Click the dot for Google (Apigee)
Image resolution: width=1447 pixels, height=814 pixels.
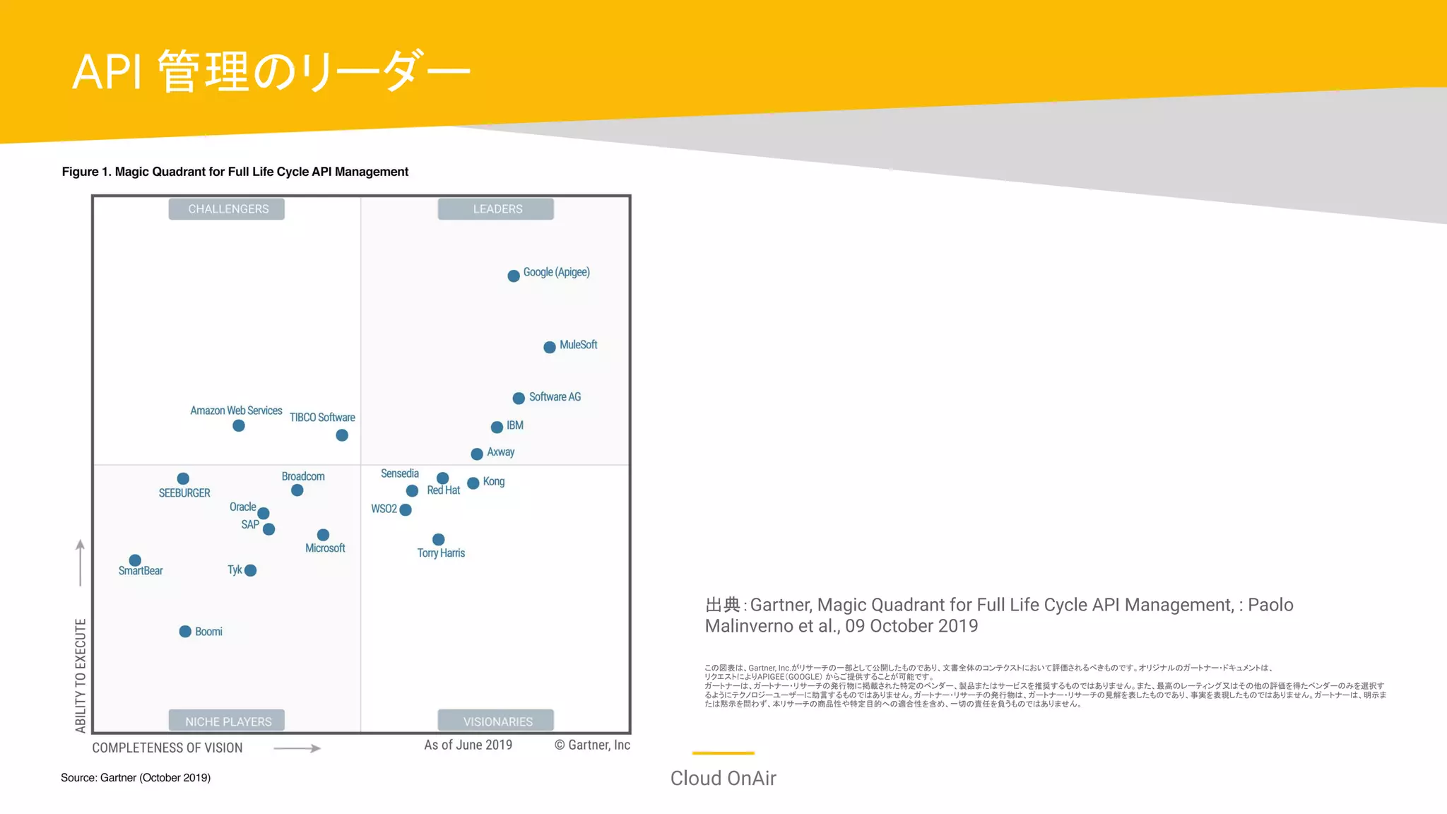514,276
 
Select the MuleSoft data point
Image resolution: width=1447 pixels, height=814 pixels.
550,347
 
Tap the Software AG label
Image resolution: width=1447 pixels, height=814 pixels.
555,397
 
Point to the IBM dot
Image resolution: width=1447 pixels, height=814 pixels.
497,427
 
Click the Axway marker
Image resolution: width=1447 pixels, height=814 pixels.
477,454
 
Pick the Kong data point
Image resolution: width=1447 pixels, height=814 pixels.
473,483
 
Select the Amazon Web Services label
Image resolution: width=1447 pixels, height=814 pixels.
236,411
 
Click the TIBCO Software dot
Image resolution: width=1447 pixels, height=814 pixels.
342,435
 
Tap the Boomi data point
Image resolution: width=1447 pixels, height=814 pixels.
185,631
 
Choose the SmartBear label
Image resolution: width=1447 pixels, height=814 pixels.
141,571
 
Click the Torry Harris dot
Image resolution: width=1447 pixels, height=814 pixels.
439,539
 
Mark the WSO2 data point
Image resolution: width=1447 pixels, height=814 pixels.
406,509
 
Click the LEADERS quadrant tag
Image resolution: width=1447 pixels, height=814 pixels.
497,209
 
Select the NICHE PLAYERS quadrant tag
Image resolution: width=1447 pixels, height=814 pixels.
228,721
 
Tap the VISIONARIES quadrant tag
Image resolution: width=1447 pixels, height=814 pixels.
497,721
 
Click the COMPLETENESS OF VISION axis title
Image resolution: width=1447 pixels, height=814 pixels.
167,748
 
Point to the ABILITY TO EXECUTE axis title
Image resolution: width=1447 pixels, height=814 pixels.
81,675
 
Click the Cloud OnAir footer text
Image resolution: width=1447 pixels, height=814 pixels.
723,778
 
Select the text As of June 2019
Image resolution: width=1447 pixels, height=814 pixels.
468,745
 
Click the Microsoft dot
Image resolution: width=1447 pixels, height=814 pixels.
323,535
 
